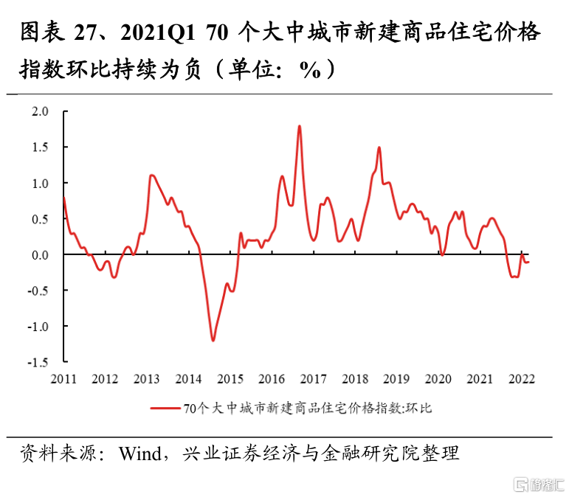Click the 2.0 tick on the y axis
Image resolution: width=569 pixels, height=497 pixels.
39,111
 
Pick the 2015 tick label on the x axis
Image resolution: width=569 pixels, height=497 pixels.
230,379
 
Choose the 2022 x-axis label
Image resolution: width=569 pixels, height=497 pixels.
521,379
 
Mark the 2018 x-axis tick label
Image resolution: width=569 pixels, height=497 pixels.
356,379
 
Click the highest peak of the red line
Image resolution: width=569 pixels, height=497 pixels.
300,126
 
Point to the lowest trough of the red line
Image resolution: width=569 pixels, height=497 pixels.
213,340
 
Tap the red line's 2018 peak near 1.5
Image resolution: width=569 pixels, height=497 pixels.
379,147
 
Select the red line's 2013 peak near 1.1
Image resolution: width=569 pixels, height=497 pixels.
151,175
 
